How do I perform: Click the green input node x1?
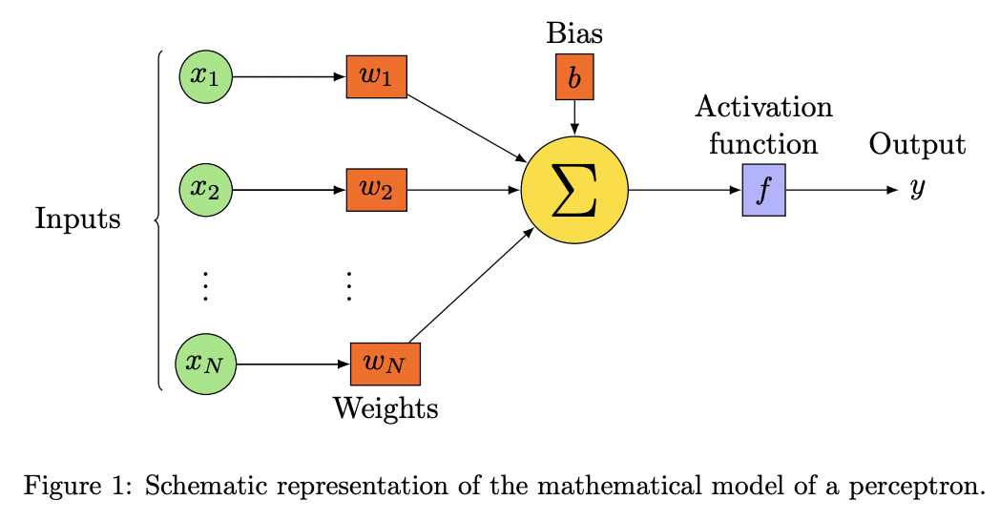(x=205, y=76)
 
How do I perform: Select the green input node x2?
(x=205, y=190)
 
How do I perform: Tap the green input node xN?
(x=205, y=364)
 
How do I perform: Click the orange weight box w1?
(x=376, y=76)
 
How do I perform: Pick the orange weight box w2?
(x=376, y=190)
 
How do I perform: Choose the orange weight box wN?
(x=385, y=364)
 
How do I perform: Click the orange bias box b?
(x=573, y=77)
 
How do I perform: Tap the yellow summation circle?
(x=573, y=190)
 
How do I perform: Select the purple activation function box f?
(x=763, y=190)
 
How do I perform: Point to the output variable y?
(x=917, y=189)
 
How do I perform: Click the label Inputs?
(x=77, y=219)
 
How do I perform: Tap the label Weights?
(x=385, y=408)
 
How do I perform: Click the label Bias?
(x=574, y=33)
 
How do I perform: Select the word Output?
(x=916, y=145)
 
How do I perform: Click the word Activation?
(x=763, y=106)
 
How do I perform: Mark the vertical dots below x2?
(x=205, y=285)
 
